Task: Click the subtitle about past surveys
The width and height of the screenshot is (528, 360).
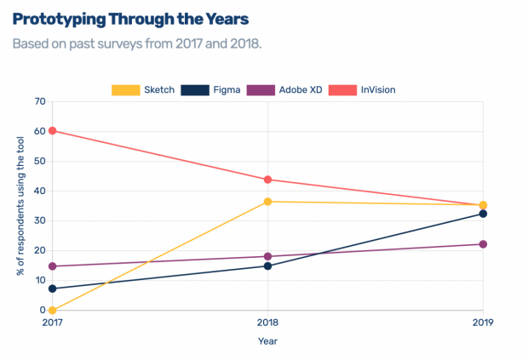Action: click(x=136, y=43)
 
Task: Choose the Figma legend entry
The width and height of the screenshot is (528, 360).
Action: click(x=212, y=89)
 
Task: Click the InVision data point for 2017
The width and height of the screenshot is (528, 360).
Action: click(x=53, y=130)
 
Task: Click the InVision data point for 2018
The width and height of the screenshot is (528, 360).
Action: click(x=267, y=180)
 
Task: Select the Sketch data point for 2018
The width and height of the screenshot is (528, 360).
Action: click(x=267, y=202)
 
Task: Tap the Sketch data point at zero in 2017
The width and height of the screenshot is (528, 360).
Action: click(x=53, y=311)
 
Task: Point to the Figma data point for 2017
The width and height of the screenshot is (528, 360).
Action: click(x=53, y=289)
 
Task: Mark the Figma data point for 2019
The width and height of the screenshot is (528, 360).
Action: click(x=483, y=214)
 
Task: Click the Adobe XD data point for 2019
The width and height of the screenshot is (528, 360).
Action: click(x=483, y=244)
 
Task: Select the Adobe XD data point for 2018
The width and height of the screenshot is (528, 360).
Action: click(x=267, y=256)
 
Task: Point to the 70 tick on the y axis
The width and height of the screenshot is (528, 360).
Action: click(x=39, y=101)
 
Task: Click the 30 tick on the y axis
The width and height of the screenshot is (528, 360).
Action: click(x=39, y=220)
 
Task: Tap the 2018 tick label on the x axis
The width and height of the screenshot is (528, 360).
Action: click(x=267, y=323)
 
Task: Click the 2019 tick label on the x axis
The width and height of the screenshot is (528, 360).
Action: click(x=482, y=323)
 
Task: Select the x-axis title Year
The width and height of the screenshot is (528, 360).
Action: click(x=267, y=341)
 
